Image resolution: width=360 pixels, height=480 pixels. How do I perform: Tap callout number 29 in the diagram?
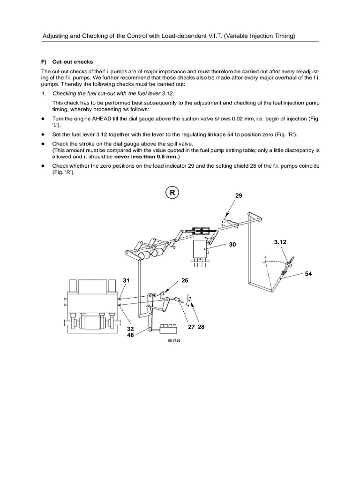239,195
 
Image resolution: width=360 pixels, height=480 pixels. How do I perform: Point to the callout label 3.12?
280,242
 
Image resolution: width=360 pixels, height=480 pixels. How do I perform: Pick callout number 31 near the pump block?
126,280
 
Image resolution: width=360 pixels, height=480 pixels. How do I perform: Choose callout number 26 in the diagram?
184,281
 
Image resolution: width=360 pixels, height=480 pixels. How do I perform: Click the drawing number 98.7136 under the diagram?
173,341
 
